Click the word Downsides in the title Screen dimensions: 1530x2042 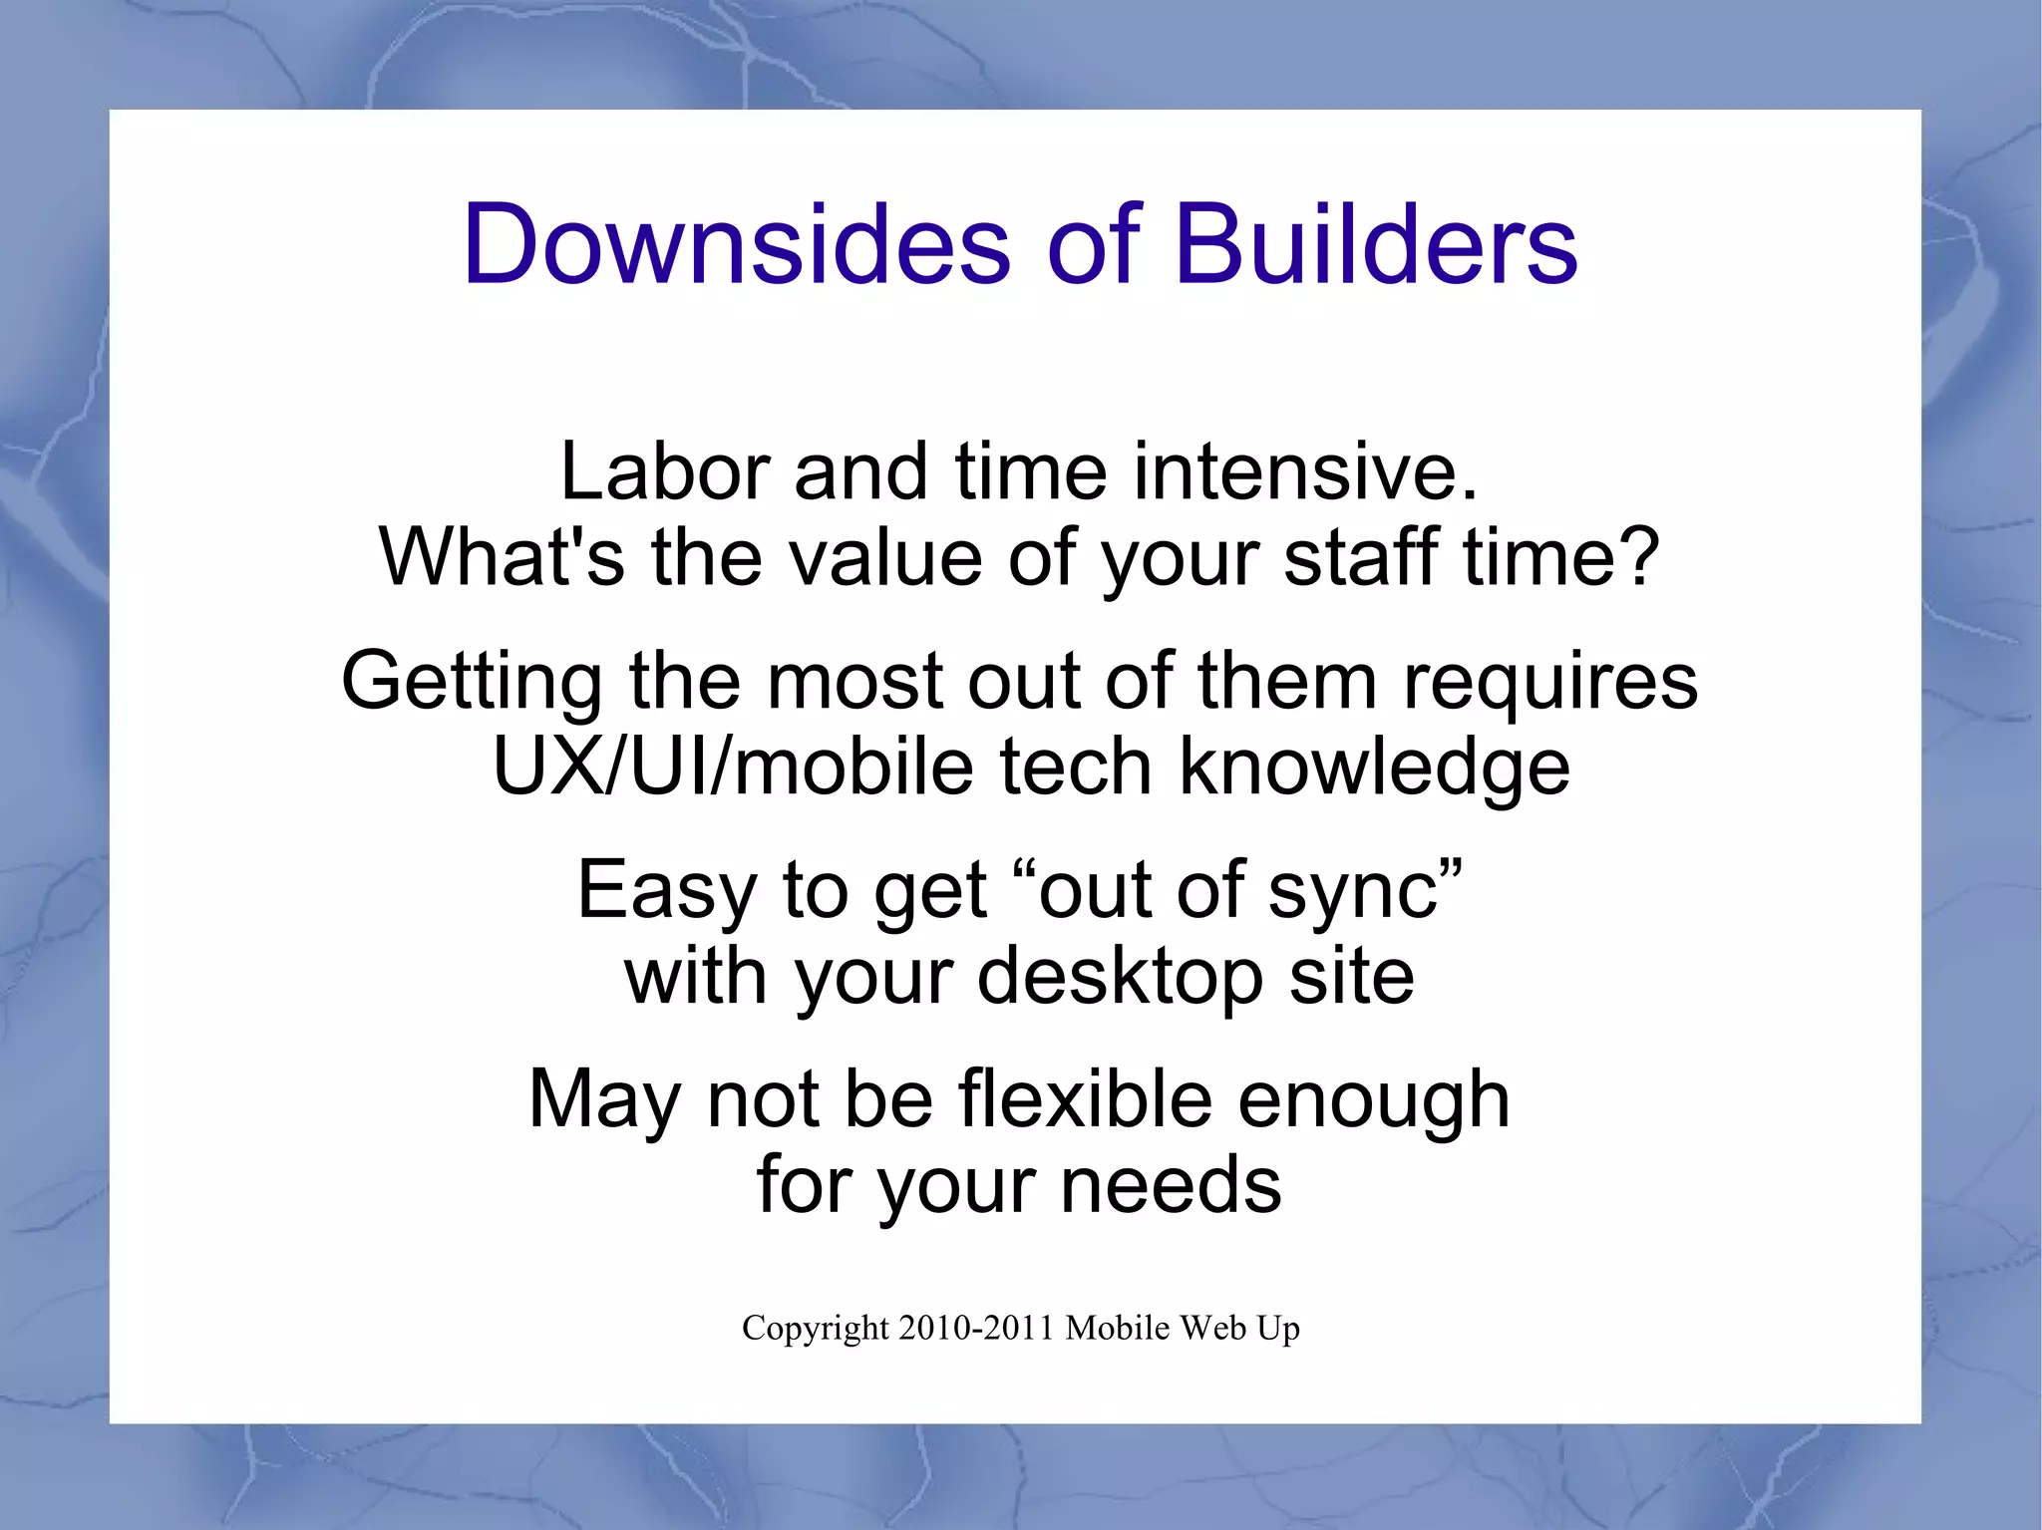click(736, 245)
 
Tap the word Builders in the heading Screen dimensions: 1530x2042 click(1376, 245)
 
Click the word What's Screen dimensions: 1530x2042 click(502, 556)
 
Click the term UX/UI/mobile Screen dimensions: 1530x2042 click(733, 767)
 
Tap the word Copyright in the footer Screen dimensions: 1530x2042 click(815, 1330)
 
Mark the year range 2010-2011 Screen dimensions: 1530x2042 click(976, 1328)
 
